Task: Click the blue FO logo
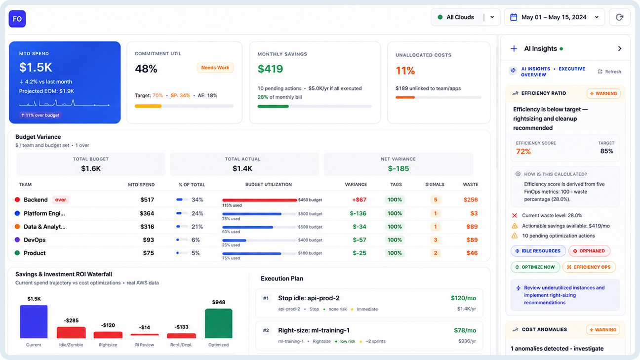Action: tap(17, 19)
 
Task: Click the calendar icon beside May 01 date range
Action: tap(514, 17)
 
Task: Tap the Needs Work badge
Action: tap(215, 68)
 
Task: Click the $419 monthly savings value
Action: tap(270, 69)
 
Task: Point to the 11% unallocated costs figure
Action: tap(405, 71)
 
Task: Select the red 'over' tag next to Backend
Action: tap(61, 200)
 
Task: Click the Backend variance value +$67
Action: tap(359, 200)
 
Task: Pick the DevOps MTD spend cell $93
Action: tap(148, 240)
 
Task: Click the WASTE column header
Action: tap(471, 185)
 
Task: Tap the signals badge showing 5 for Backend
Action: tap(436, 200)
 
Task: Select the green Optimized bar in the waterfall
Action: tap(219, 323)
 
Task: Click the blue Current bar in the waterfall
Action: tap(34, 321)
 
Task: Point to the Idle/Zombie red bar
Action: tap(71, 332)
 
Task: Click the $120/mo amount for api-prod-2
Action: tap(463, 298)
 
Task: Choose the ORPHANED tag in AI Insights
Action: tap(589, 251)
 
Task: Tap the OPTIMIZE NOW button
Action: tap(535, 267)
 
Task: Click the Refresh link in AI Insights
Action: tap(610, 72)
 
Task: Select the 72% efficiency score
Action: tap(523, 152)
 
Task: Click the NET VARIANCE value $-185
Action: tap(399, 168)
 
